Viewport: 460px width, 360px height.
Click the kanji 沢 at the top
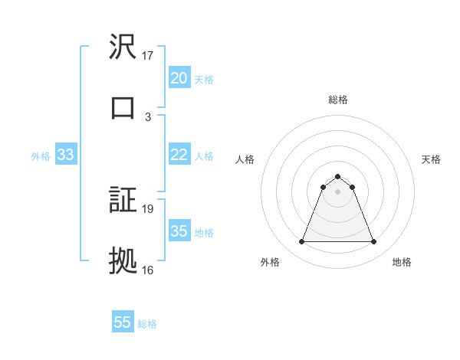tap(123, 47)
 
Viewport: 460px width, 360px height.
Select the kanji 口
tap(123, 106)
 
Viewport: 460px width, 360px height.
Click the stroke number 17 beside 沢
tap(148, 56)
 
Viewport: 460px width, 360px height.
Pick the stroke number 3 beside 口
tap(148, 116)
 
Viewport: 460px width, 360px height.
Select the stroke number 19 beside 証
tap(148, 208)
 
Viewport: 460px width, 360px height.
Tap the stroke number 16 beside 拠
tap(148, 270)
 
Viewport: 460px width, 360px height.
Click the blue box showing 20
tap(179, 78)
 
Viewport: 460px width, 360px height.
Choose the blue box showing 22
tap(179, 155)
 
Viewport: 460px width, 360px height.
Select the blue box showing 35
tap(179, 231)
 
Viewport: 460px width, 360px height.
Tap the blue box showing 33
tap(65, 155)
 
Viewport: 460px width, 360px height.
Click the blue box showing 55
tap(123, 322)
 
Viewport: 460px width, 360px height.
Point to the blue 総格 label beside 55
tap(147, 324)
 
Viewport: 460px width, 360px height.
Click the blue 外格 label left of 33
tap(41, 156)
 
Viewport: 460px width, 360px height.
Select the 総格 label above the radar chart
tap(337, 100)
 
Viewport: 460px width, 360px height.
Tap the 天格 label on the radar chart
tap(431, 159)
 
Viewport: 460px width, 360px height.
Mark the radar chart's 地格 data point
tap(374, 242)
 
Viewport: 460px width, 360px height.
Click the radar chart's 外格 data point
tap(301, 242)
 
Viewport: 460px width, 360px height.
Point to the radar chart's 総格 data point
tap(337, 177)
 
